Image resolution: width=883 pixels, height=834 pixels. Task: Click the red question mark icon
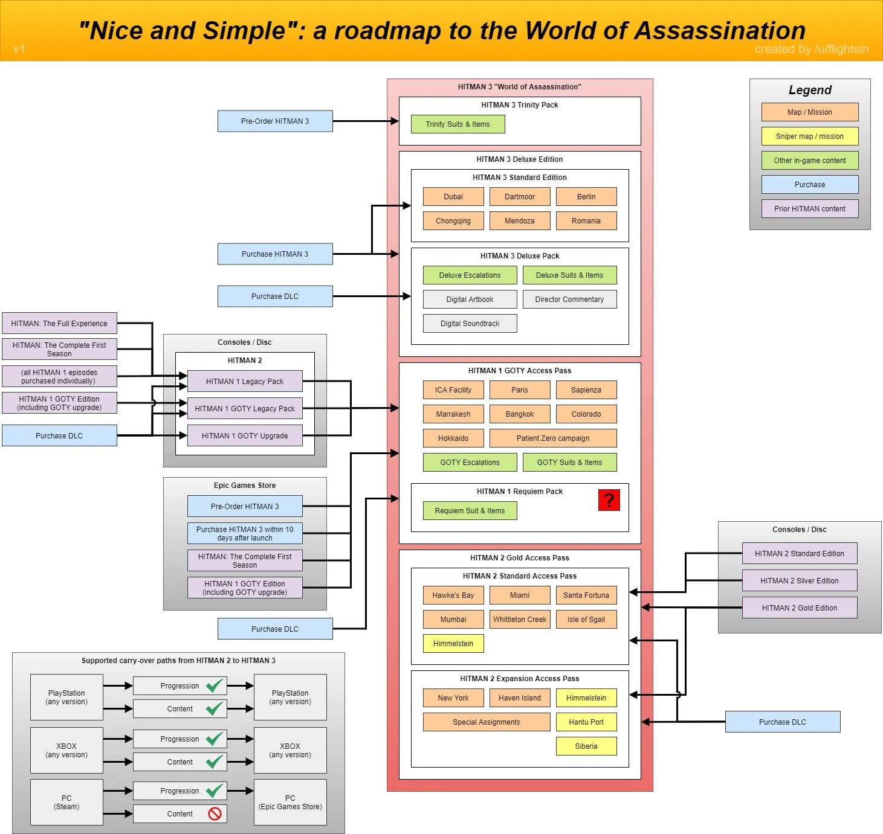point(609,499)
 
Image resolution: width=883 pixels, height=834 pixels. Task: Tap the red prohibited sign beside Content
point(215,813)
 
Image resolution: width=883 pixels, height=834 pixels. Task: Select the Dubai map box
point(453,197)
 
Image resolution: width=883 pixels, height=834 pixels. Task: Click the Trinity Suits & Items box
point(458,124)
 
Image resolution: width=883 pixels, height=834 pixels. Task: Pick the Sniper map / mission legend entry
point(809,136)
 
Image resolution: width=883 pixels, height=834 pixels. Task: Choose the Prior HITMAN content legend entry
point(809,209)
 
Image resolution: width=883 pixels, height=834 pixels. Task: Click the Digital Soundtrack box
point(470,323)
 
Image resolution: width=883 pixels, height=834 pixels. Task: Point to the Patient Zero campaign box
point(553,438)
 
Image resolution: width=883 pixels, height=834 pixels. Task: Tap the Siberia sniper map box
point(586,746)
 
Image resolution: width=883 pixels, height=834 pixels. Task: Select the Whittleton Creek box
point(520,620)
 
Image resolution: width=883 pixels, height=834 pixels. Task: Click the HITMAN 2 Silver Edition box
point(800,580)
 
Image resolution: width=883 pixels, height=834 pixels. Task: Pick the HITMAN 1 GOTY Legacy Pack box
point(245,408)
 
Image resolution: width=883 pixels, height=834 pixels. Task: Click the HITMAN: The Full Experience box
point(59,323)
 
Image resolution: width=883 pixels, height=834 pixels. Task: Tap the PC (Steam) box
point(66,802)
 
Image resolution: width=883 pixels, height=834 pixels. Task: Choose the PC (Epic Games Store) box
point(290,802)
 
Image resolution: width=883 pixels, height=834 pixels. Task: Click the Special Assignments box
point(487,722)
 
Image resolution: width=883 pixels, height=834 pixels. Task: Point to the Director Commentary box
point(569,300)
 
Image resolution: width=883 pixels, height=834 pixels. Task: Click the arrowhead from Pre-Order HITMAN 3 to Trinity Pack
point(395,121)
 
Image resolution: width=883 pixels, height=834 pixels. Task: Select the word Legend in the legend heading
point(810,90)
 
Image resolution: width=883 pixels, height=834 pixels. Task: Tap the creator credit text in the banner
point(812,49)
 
